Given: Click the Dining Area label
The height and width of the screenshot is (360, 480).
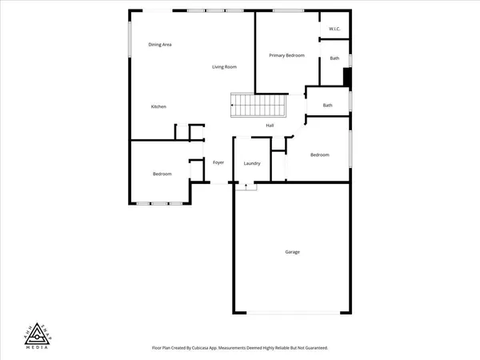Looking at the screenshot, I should (160, 44).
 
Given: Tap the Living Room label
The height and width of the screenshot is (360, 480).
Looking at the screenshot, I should (224, 66).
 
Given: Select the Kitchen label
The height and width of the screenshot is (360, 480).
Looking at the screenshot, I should (158, 106).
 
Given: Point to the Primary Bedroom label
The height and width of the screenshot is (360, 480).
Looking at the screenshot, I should (286, 55).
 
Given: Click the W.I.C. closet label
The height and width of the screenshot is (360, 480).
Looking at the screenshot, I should (334, 30).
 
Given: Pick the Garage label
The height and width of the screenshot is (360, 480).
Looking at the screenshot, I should (293, 252).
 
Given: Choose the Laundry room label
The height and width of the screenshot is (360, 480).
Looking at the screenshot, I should (252, 164).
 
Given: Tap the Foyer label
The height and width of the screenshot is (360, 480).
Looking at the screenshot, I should (218, 162).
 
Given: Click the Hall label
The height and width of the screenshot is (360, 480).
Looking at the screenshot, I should (270, 125).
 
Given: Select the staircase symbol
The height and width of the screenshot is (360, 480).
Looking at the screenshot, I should (258, 105).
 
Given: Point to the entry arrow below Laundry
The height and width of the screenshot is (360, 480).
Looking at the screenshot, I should (246, 186).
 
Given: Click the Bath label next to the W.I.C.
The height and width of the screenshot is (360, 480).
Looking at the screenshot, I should (334, 58).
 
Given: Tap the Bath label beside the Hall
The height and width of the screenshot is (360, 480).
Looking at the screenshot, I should (328, 105).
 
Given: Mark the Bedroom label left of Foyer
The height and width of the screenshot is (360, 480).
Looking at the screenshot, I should (162, 174).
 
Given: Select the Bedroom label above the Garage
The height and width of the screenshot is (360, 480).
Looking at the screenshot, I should (319, 154).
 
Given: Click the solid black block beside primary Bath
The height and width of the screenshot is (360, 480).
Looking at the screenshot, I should (346, 76).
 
